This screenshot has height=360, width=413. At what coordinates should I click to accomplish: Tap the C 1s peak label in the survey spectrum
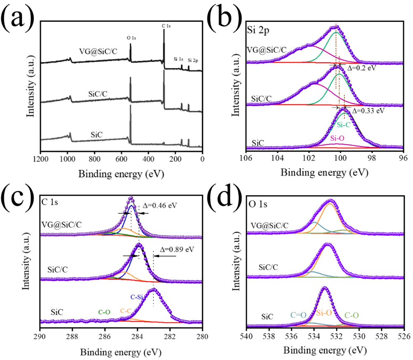[x=166, y=26]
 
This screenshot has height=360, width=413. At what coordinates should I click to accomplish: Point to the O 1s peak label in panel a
[x=131, y=38]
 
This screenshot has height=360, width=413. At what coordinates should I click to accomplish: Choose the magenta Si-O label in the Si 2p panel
[x=339, y=138]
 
